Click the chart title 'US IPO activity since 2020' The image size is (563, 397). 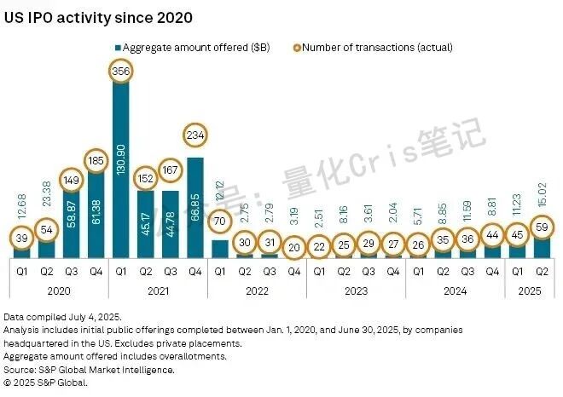[x=99, y=17]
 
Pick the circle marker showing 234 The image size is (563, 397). [x=194, y=136]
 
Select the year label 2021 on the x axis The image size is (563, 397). [x=158, y=290]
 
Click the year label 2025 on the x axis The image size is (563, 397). [x=529, y=290]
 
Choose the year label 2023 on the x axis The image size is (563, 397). [x=356, y=290]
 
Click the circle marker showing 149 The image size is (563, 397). [x=71, y=181]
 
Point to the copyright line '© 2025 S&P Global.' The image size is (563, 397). [x=52, y=383]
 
